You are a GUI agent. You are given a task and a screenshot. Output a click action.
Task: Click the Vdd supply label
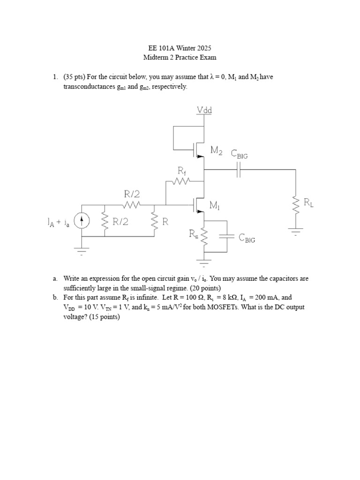(x=203, y=110)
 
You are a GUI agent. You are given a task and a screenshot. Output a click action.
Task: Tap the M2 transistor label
(x=217, y=150)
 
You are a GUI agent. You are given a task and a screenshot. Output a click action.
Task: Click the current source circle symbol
(x=82, y=222)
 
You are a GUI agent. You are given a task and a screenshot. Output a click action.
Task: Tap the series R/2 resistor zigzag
(x=131, y=205)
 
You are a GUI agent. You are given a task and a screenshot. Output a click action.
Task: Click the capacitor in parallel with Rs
(x=226, y=237)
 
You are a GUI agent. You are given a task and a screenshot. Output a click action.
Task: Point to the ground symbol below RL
(x=296, y=231)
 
